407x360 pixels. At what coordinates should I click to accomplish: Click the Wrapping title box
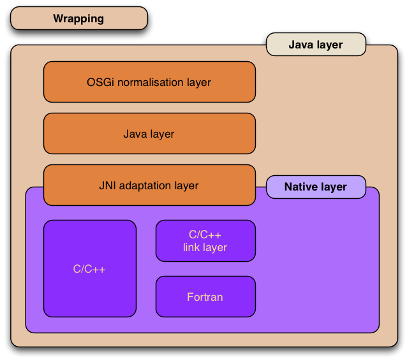(x=78, y=18)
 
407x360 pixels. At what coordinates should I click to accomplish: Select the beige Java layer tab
(x=315, y=45)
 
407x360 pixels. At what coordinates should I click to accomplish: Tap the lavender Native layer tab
(x=315, y=187)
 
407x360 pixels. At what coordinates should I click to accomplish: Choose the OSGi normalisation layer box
(x=149, y=82)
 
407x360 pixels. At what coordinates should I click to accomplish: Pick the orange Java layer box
(x=149, y=134)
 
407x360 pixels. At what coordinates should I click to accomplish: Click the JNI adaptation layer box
(x=149, y=185)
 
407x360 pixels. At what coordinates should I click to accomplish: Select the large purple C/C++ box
(x=89, y=268)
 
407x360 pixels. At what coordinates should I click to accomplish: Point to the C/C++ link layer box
(x=205, y=241)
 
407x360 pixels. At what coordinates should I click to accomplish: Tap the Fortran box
(x=205, y=297)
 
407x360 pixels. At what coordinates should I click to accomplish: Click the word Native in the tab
(x=301, y=187)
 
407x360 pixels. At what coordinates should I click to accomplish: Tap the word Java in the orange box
(x=135, y=134)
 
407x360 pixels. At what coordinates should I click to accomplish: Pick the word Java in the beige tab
(x=301, y=45)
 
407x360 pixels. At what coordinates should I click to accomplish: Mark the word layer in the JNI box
(x=186, y=186)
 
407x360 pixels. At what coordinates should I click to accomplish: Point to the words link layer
(x=205, y=247)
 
